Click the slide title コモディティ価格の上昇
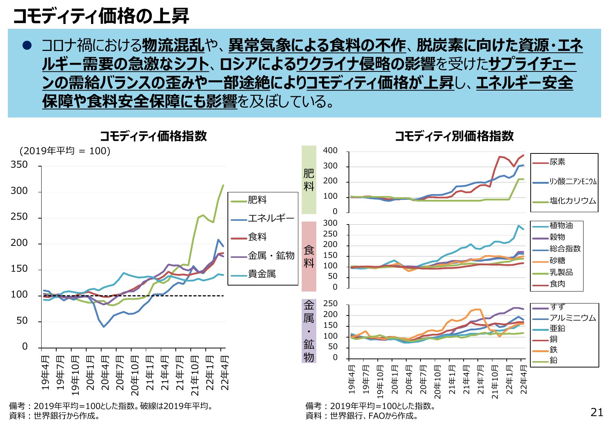point(101,16)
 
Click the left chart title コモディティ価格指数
point(153,136)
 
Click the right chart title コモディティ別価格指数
point(454,136)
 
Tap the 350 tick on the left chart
point(19,165)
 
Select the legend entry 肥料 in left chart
point(257,200)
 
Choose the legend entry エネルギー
point(271,218)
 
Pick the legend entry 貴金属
point(262,274)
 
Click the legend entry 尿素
point(557,162)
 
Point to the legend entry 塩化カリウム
point(573,201)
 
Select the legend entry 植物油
point(561,225)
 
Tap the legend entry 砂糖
point(557,260)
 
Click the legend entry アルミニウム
point(573,318)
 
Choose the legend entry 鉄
point(554,350)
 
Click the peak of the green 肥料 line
point(223,185)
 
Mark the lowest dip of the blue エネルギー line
point(104,327)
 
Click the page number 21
point(597,412)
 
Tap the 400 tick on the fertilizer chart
point(330,150)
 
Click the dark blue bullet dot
point(27,45)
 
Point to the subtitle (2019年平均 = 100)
point(65,151)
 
